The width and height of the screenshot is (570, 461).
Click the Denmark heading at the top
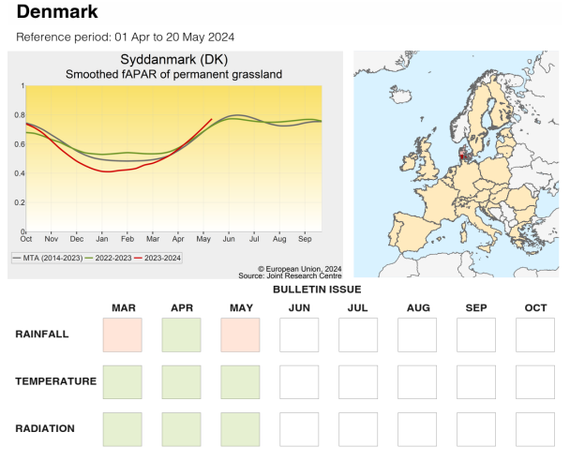point(57,13)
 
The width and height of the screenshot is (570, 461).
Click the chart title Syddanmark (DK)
point(173,60)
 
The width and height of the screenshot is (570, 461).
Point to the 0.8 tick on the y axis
point(20,115)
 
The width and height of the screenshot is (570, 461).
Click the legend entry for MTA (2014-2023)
point(48,256)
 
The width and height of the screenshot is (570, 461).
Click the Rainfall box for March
point(123,335)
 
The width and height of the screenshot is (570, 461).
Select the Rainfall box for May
point(240,335)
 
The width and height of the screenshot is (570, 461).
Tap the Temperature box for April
point(181,381)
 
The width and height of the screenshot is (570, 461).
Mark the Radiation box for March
point(123,428)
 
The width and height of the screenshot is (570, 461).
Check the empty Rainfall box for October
point(534,335)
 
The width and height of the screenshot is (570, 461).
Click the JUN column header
point(299,308)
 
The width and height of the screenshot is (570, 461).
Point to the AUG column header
point(417,308)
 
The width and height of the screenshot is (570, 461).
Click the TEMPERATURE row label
point(55,381)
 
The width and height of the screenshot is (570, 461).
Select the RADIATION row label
point(46,428)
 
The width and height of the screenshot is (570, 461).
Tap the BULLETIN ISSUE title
point(317,290)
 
